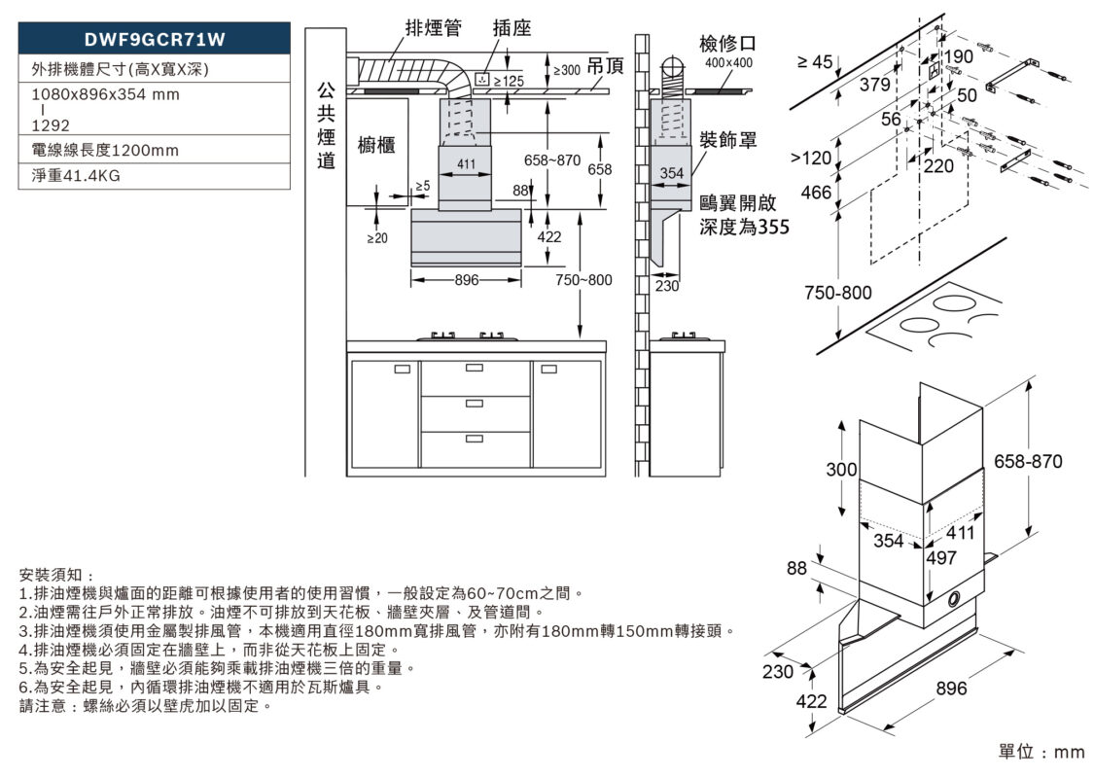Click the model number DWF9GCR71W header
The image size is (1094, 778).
(x=156, y=40)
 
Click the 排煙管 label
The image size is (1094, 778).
(x=433, y=28)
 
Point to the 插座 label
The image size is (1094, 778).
(x=512, y=28)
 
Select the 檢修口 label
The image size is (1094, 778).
(x=727, y=44)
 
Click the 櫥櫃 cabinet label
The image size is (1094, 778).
(x=376, y=145)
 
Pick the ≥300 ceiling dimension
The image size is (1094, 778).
(x=566, y=70)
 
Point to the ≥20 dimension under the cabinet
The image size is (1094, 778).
(x=376, y=237)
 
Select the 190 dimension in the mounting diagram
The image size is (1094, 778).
(x=958, y=57)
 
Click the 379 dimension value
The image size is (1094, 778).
(x=874, y=86)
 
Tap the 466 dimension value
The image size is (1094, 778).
(x=817, y=193)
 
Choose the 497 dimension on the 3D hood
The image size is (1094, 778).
(x=942, y=557)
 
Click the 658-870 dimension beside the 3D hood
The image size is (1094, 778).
(x=1028, y=460)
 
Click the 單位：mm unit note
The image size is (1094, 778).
(x=1041, y=752)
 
